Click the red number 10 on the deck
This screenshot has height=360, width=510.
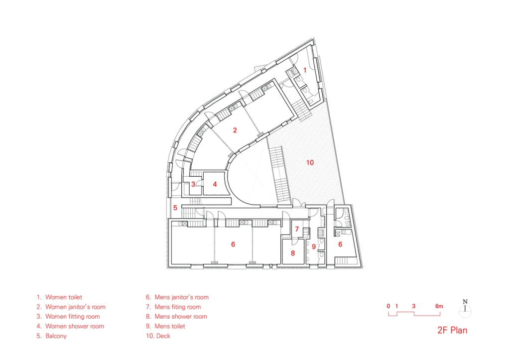(310, 162)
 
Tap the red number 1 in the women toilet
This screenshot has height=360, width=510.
(305, 70)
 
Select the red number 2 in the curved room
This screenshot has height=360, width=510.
(235, 130)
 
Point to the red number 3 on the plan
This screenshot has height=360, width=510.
(193, 184)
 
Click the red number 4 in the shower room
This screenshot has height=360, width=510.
(215, 184)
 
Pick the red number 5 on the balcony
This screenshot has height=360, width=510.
(175, 208)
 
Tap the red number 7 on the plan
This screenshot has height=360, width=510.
(297, 229)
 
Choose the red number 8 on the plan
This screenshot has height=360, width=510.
(293, 252)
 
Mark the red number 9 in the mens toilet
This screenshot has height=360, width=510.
(314, 246)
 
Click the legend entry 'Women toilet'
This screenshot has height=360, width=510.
(64, 297)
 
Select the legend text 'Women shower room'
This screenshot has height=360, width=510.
(75, 326)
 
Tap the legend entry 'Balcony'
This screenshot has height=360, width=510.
(56, 336)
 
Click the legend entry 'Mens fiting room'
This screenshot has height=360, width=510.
(178, 307)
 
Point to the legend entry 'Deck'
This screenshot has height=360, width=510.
(163, 336)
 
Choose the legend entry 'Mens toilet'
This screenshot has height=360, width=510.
(170, 326)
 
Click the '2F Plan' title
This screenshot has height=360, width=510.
(452, 330)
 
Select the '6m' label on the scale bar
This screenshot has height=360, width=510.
(439, 306)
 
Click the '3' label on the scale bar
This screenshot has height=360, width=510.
(414, 306)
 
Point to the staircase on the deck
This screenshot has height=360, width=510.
(279, 175)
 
